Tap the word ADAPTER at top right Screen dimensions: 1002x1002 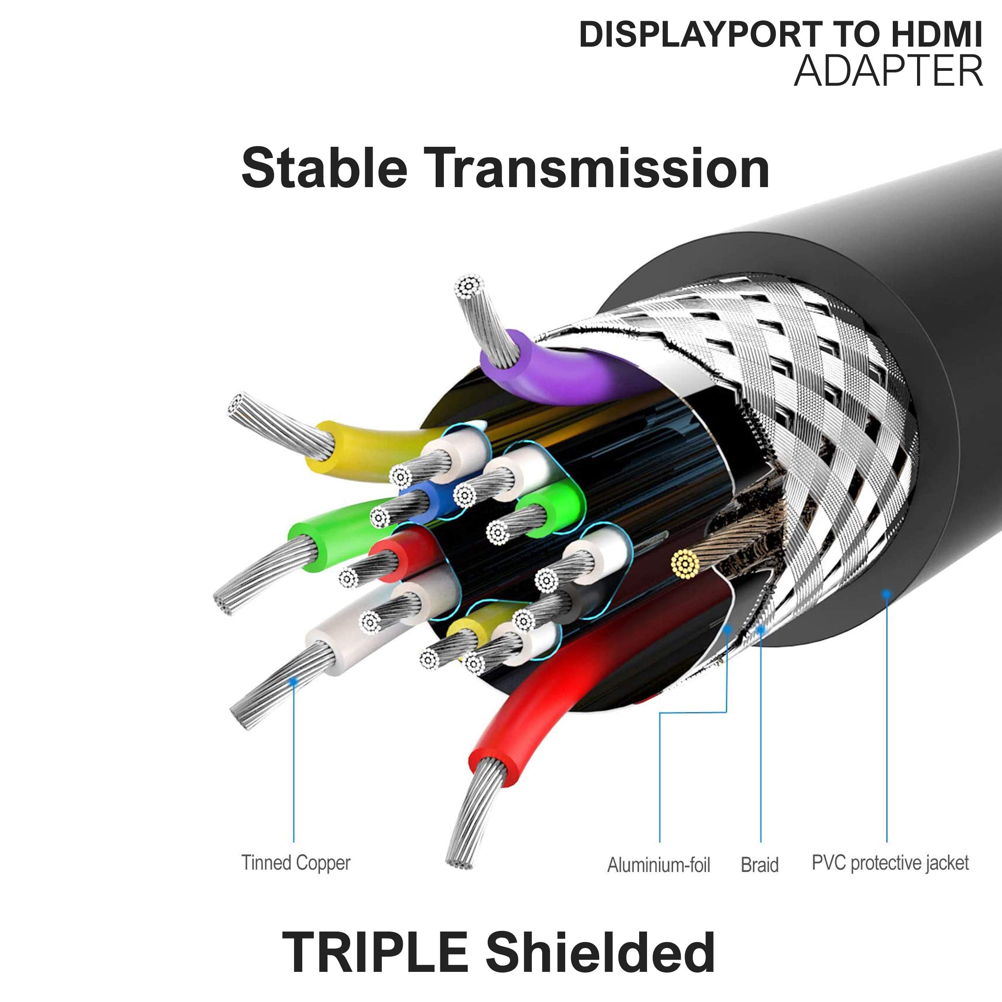[888, 71]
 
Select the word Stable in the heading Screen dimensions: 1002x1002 [324, 168]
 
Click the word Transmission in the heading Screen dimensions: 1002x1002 [597, 168]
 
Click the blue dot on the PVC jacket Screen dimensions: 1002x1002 [887, 593]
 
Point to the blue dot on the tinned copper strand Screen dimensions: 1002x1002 [294, 681]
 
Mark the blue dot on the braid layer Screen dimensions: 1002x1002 [761, 629]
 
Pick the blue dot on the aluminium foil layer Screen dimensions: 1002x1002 [728, 629]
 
